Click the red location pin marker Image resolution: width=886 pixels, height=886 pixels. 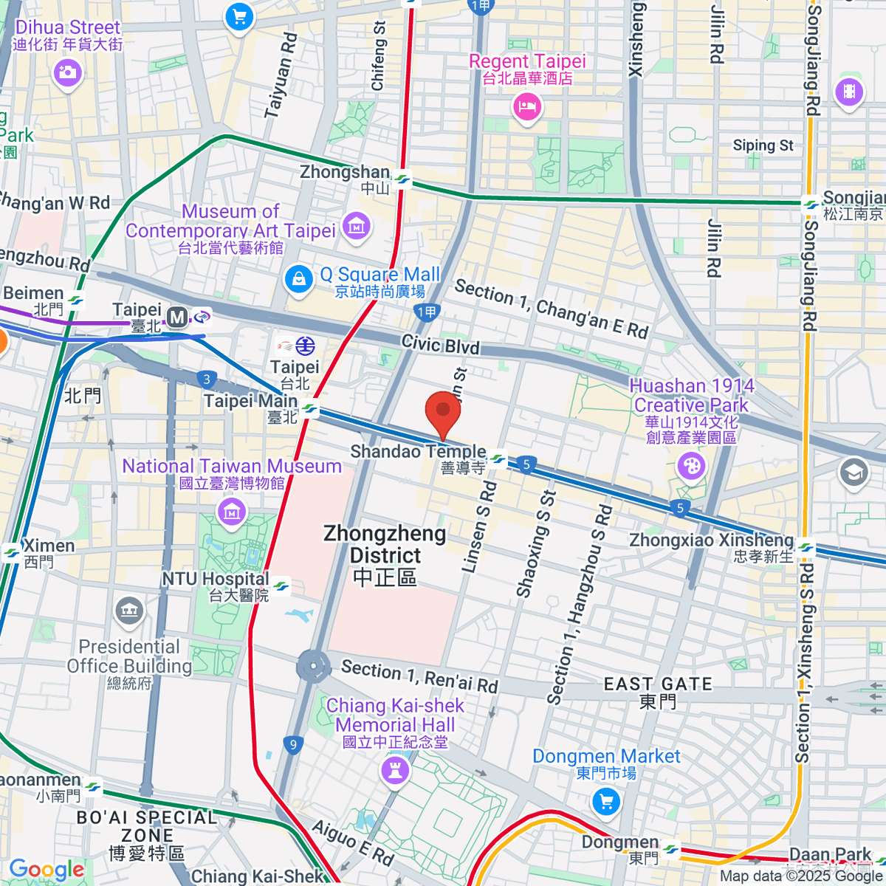pyautogui.click(x=442, y=411)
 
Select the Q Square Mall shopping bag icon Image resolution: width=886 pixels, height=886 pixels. pyautogui.click(x=298, y=281)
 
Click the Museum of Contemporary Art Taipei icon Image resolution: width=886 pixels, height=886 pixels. pyautogui.click(x=357, y=226)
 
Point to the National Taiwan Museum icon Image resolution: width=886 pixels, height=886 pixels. pyautogui.click(x=232, y=510)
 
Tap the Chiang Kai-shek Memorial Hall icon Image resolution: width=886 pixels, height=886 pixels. pyautogui.click(x=394, y=772)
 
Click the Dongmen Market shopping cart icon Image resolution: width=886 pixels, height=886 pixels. pyautogui.click(x=606, y=801)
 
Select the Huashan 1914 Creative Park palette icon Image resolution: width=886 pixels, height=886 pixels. pyautogui.click(x=691, y=466)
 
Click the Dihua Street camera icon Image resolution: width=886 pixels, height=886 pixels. pyautogui.click(x=67, y=72)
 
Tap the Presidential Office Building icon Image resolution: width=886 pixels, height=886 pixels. pyautogui.click(x=129, y=610)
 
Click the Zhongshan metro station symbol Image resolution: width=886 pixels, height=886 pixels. pyautogui.click(x=402, y=179)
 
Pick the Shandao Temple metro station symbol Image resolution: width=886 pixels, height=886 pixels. pyautogui.click(x=498, y=460)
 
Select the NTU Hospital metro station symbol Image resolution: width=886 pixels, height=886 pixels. pyautogui.click(x=281, y=587)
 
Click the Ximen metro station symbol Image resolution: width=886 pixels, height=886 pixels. pyautogui.click(x=12, y=552)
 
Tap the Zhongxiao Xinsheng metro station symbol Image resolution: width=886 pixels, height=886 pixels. pyautogui.click(x=806, y=548)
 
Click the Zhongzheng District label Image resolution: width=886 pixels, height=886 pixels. pyautogui.click(x=385, y=554)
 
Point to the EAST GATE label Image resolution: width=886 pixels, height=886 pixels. pyautogui.click(x=658, y=684)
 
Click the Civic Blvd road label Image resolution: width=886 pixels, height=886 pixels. pyautogui.click(x=440, y=344)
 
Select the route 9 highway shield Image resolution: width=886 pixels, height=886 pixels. pyautogui.click(x=293, y=744)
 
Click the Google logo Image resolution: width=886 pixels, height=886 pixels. pyautogui.click(x=47, y=869)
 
